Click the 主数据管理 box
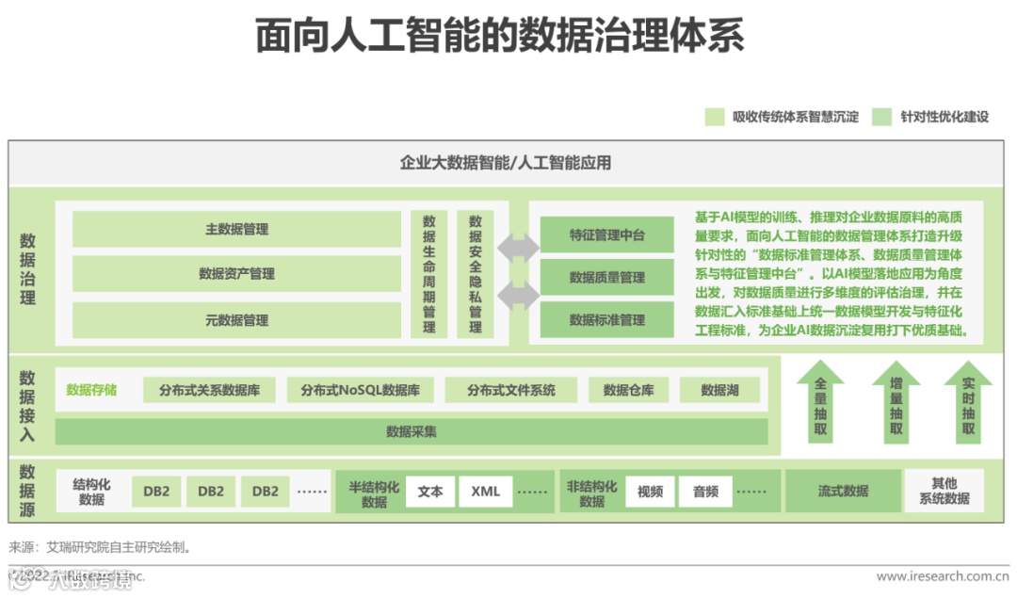pyautogui.click(x=236, y=229)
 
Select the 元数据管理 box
pyautogui.click(x=236, y=320)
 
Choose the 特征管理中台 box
pyautogui.click(x=606, y=234)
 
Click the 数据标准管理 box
pyautogui.click(x=606, y=319)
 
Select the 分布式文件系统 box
pyautogui.click(x=511, y=390)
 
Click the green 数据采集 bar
pyautogui.click(x=412, y=431)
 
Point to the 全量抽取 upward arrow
pyautogui.click(x=820, y=403)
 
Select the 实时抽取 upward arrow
pyautogui.click(x=968, y=403)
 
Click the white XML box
pyautogui.click(x=486, y=491)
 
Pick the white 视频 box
pyautogui.click(x=650, y=491)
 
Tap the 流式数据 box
pyautogui.click(x=842, y=491)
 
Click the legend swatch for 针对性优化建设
pyautogui.click(x=881, y=117)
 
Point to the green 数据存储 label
pyautogui.click(x=91, y=390)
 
